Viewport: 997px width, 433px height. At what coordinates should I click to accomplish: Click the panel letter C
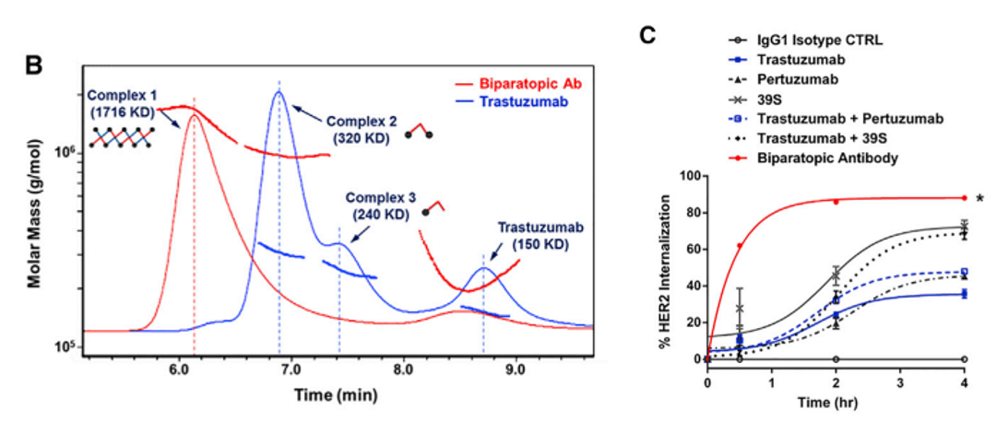647,36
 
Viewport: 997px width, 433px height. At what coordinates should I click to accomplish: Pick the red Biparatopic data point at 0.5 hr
740,246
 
